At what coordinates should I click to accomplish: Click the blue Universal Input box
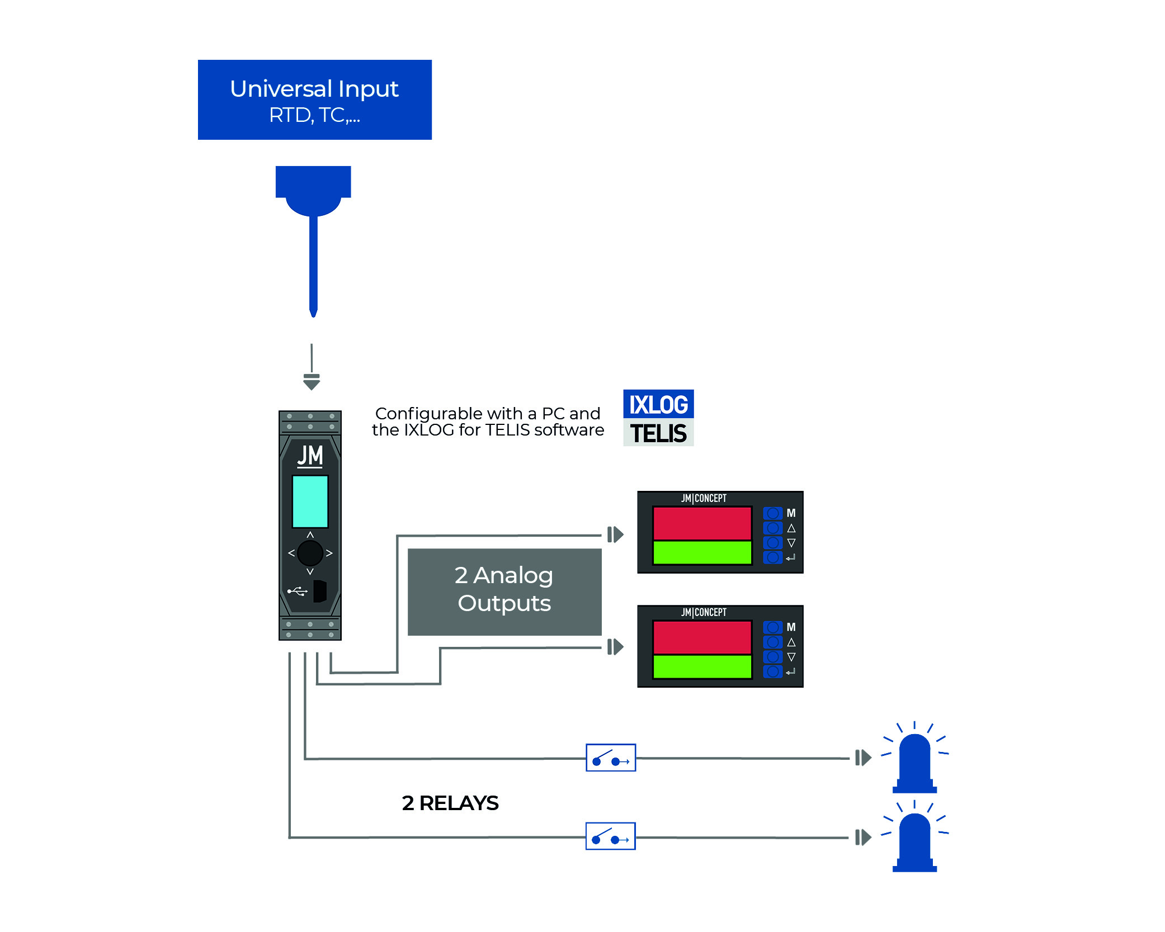(314, 100)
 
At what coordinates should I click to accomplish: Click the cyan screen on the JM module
(310, 502)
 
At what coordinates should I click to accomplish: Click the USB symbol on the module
(297, 591)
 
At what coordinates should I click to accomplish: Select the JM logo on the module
(310, 456)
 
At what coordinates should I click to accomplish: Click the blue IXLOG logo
(658, 404)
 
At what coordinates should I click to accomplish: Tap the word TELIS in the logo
(658, 433)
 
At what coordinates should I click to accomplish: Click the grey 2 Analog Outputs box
(504, 592)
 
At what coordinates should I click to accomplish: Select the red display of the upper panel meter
(702, 523)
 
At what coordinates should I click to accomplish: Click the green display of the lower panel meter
(702, 666)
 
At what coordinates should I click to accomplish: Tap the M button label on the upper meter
(791, 513)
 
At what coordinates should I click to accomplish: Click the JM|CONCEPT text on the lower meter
(704, 612)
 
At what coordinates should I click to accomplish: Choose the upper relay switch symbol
(611, 758)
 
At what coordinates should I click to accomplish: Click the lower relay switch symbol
(610, 836)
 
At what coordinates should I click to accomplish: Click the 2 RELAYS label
(450, 803)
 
